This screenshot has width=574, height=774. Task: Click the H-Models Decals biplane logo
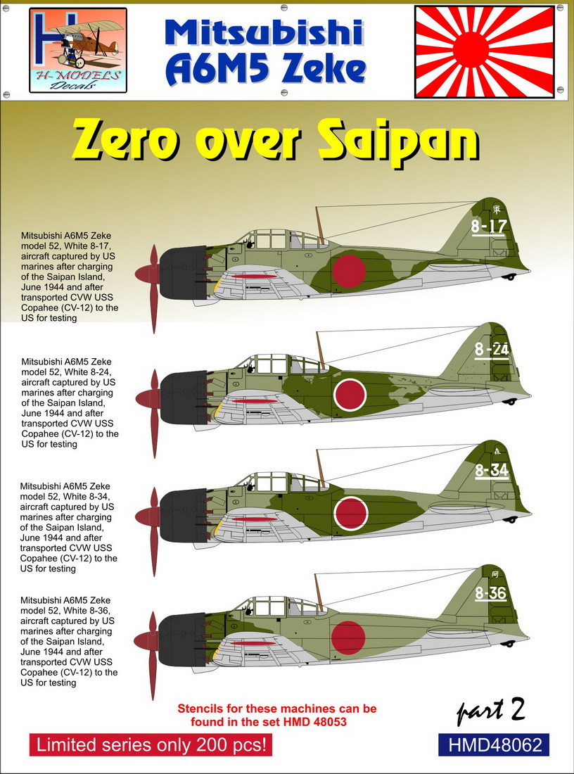78,51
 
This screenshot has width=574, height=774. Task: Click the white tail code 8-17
489,226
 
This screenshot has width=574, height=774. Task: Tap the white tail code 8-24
492,349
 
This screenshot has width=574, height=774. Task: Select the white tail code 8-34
492,470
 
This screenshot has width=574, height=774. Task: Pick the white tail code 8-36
490,593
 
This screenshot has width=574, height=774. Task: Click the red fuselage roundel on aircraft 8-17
349,270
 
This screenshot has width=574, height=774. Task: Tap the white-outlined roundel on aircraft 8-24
350,395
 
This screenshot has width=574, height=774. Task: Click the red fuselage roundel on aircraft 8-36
348,637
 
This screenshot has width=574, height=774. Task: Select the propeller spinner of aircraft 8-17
148,274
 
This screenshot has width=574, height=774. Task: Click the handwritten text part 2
490,711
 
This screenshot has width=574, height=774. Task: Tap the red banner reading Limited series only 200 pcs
151,745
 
